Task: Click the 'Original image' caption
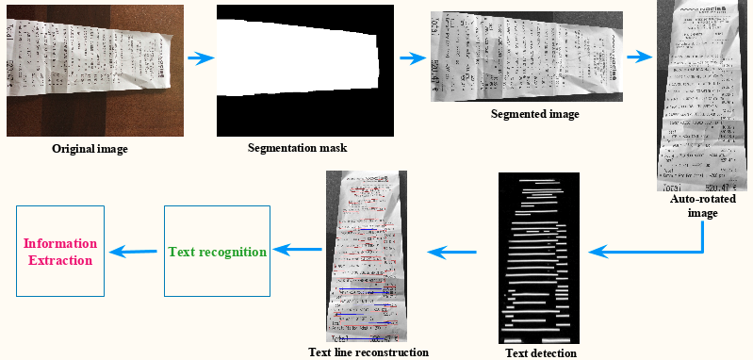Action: coord(89,149)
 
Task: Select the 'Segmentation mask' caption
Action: coord(297,148)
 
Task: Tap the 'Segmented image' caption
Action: coord(534,114)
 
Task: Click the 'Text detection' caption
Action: coord(540,353)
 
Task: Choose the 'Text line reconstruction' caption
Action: coord(368,352)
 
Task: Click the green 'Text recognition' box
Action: coord(218,252)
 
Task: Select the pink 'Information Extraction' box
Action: coord(57,252)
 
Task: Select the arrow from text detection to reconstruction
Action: coord(459,252)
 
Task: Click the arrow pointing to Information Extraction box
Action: coord(132,251)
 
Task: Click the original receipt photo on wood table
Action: coord(89,71)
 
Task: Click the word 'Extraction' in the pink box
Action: coord(57,260)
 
